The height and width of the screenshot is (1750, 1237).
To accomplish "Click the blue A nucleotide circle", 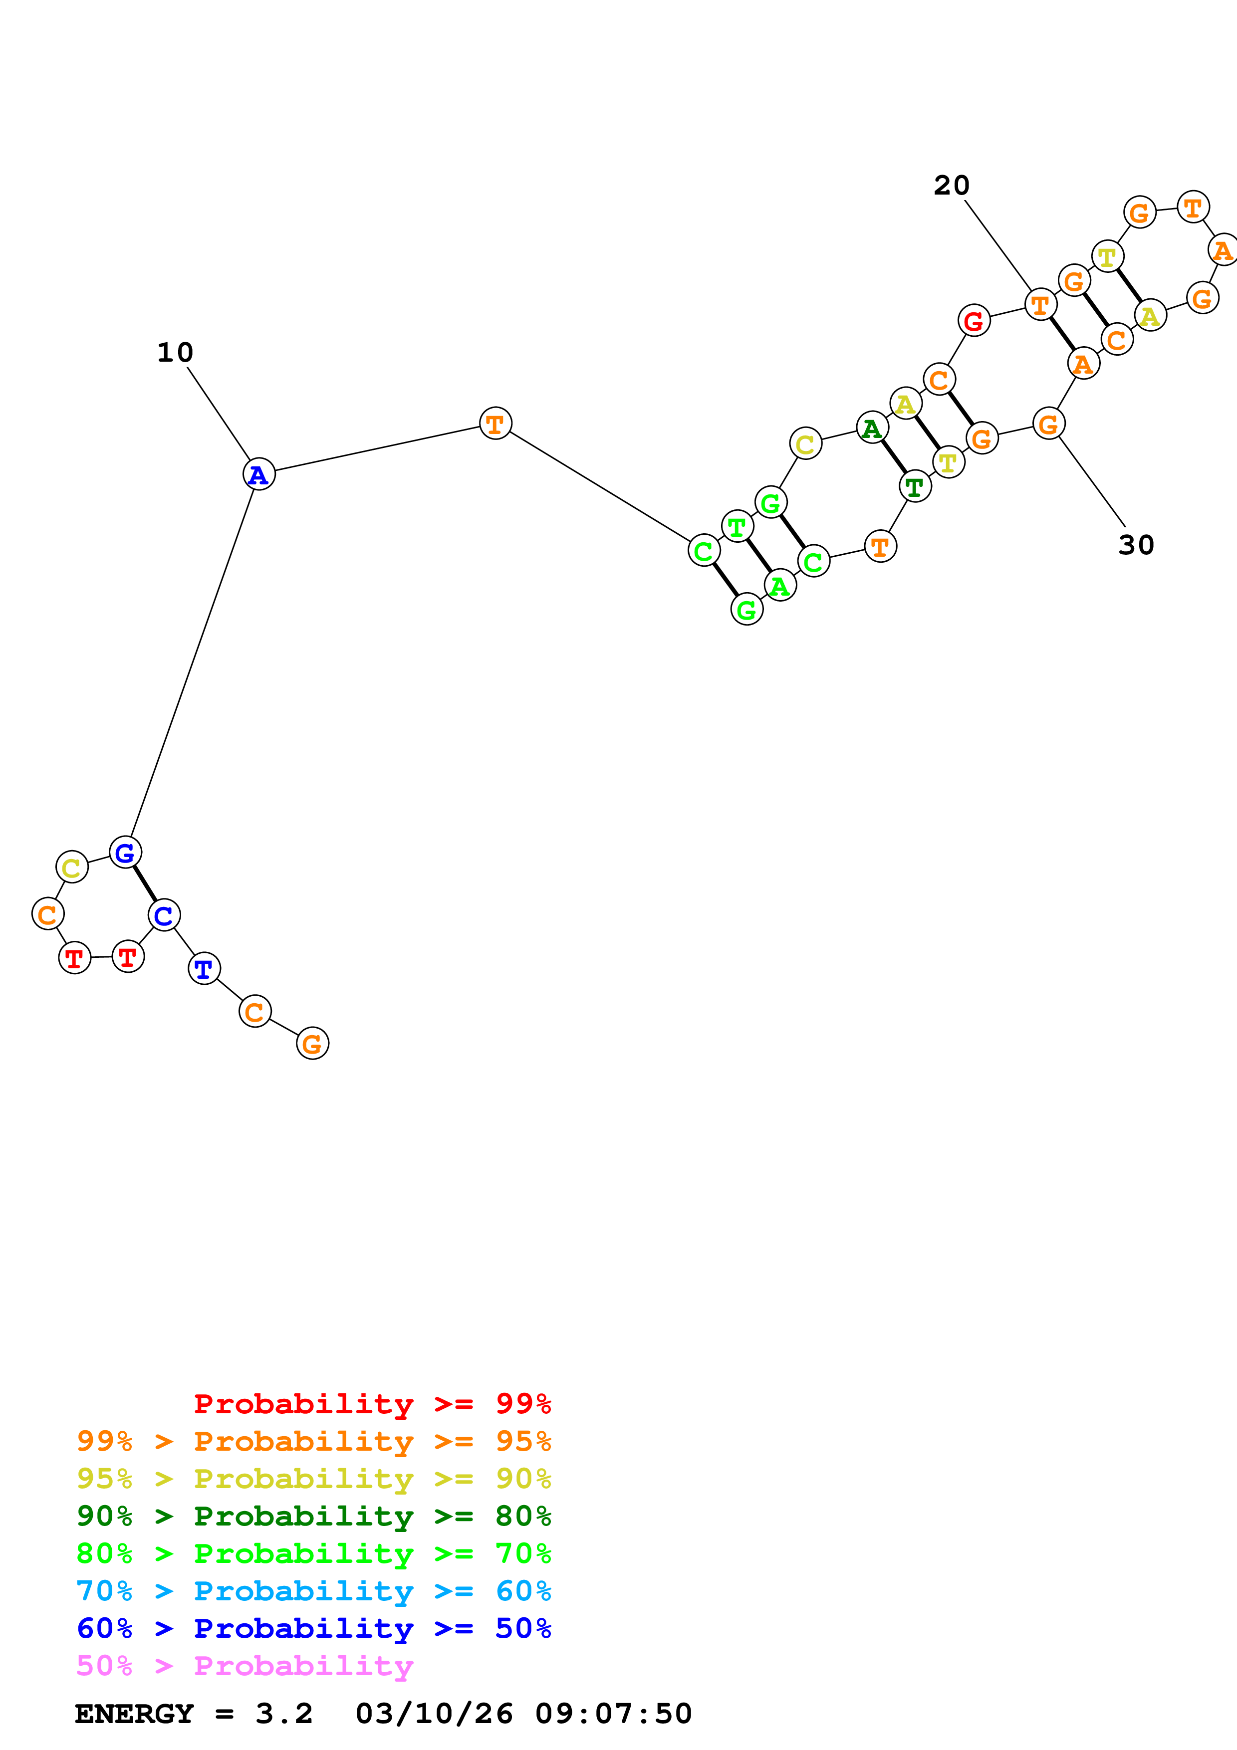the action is click(259, 474).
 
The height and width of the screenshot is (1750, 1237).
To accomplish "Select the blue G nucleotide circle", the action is click(125, 852).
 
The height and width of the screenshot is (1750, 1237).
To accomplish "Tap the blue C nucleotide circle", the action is click(164, 915).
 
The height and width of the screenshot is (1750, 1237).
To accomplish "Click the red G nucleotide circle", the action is click(974, 321).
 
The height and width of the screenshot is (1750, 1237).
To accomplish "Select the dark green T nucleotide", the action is click(915, 486).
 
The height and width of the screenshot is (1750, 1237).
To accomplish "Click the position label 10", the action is click(175, 352).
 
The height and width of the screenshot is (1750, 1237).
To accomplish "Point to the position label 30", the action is click(1136, 545).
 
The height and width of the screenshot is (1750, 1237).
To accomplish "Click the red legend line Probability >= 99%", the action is click(372, 1403).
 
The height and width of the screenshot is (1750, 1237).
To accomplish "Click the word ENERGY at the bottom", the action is click(134, 1714).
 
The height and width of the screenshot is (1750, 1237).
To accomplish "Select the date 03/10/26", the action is click(434, 1714).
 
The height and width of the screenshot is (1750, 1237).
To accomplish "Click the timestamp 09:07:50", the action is click(614, 1714).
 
